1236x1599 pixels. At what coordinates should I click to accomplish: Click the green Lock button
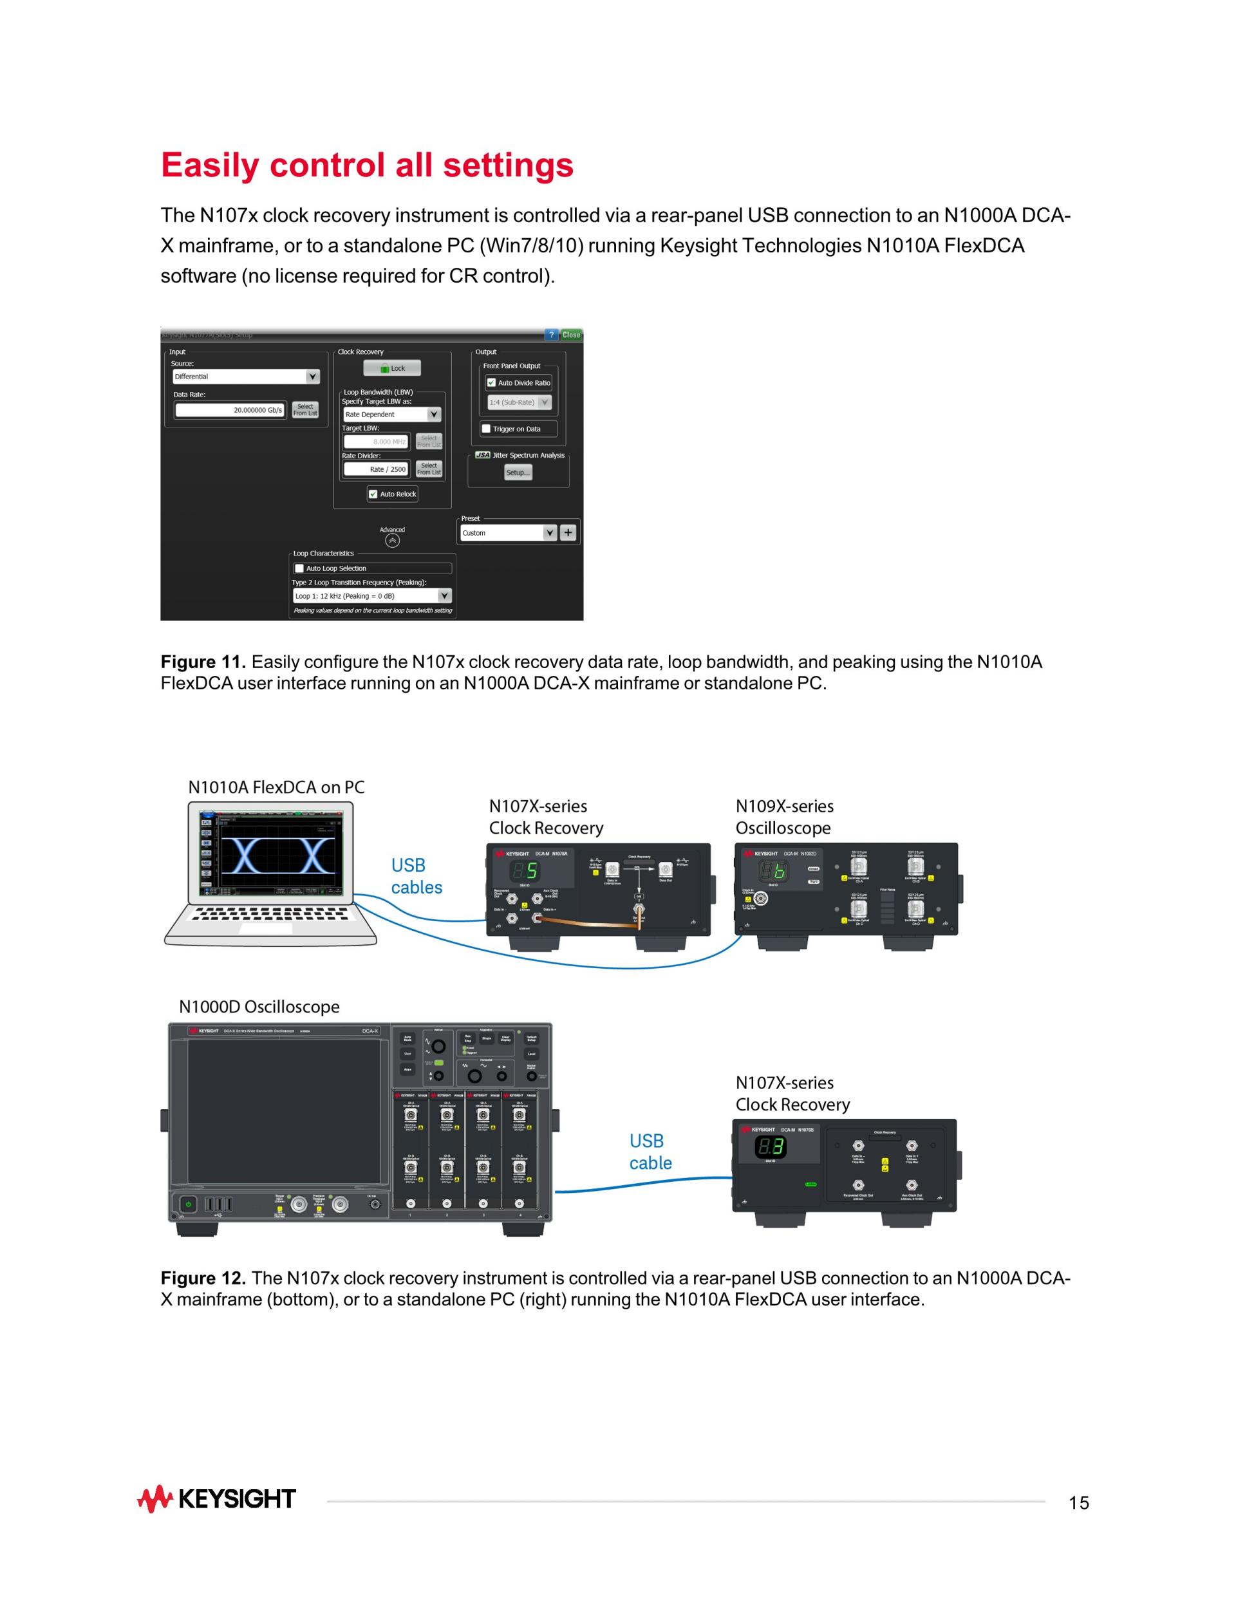click(392, 368)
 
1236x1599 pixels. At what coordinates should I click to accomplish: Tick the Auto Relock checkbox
click(373, 494)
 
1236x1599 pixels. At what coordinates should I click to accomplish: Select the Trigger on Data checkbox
click(486, 429)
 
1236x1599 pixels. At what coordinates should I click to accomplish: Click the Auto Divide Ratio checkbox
click(491, 383)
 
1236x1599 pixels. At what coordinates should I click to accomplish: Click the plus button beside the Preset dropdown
click(568, 533)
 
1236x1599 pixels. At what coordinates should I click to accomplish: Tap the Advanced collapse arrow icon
click(393, 541)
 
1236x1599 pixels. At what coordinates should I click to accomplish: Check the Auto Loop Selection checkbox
click(299, 568)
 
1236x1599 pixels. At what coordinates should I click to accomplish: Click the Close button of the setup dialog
click(570, 335)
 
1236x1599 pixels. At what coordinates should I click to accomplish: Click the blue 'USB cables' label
click(416, 876)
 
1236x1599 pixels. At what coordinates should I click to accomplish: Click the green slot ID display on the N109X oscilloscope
click(773, 870)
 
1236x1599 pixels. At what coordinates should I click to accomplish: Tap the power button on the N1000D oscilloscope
click(188, 1204)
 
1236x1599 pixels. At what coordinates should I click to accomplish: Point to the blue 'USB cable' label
click(650, 1152)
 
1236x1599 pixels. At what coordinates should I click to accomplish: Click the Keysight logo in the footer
click(217, 1499)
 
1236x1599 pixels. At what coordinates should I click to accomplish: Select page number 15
click(1078, 1503)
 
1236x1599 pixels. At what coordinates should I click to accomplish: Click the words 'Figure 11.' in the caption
click(203, 662)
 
